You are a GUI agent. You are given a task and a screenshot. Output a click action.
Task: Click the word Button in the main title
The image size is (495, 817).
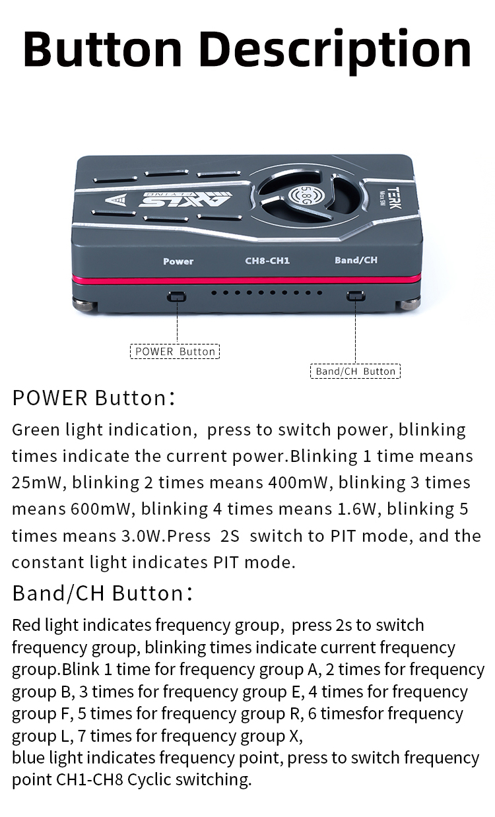102,49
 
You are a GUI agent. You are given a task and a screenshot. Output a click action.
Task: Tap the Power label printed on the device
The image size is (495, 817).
178,261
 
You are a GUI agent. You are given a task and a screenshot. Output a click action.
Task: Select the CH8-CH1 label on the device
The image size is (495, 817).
267,261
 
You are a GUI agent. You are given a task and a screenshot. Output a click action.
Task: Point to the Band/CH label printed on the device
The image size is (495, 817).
356,260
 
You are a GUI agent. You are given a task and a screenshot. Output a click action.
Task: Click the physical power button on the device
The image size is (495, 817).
177,296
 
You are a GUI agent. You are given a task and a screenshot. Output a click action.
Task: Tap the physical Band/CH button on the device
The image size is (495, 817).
356,296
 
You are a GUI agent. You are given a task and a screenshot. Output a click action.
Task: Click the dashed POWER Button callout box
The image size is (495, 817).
175,351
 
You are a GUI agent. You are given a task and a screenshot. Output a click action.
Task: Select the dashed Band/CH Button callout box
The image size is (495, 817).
355,371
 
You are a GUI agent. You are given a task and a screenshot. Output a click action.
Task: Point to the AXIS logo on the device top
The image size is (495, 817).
185,199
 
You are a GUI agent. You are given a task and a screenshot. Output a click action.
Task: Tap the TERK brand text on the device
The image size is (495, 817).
394,199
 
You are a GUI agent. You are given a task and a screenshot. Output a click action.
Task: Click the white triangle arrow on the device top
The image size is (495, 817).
115,200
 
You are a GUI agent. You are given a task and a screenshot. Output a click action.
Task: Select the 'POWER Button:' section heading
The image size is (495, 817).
94,397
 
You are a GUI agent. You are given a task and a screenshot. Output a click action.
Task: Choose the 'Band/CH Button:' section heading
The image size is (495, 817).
102,593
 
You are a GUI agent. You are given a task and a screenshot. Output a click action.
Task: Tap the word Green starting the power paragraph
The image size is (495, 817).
36,430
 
